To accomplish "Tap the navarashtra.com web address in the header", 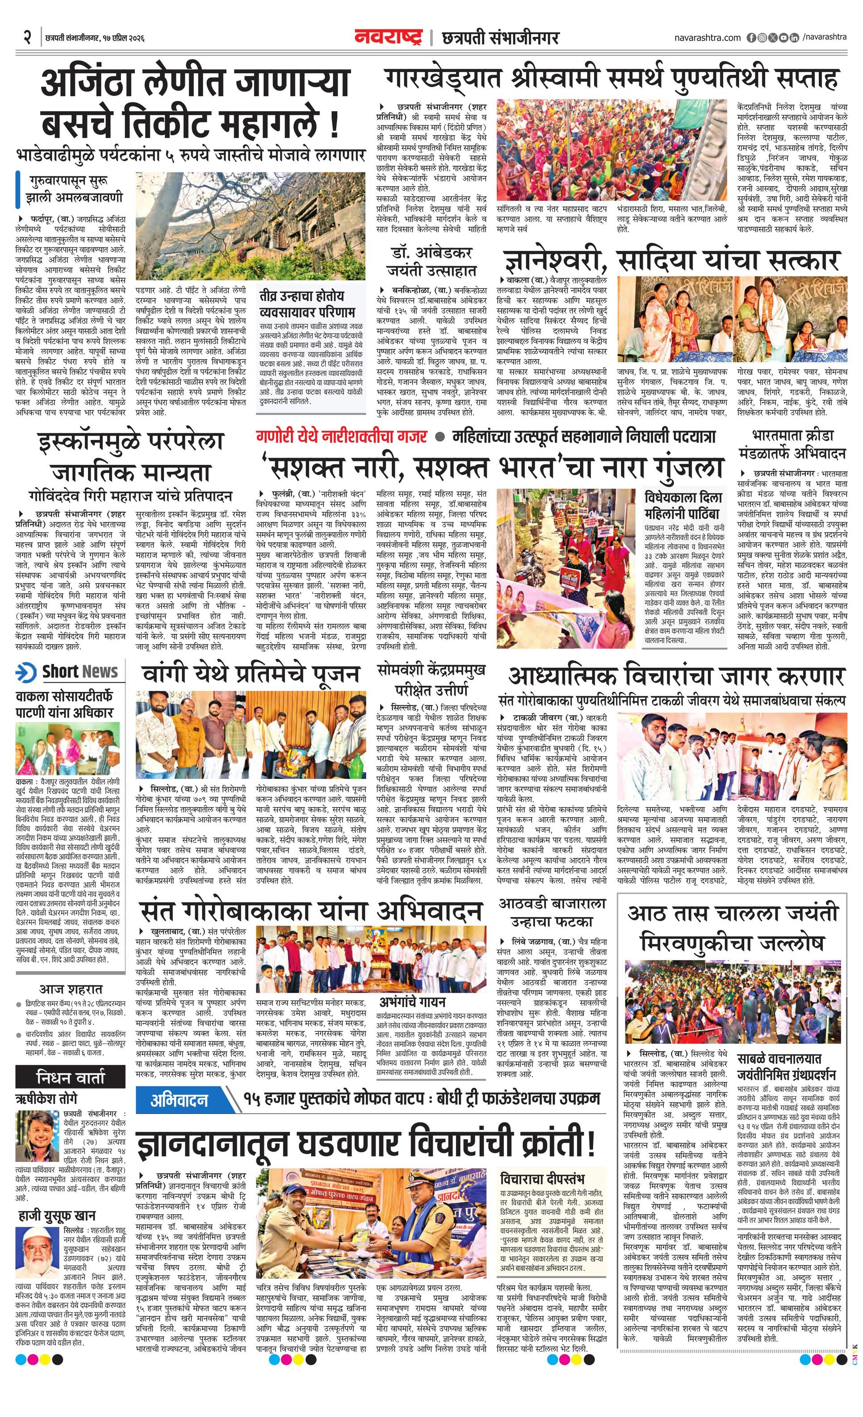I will point(708,38).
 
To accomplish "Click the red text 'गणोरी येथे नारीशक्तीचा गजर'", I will point(342,436).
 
